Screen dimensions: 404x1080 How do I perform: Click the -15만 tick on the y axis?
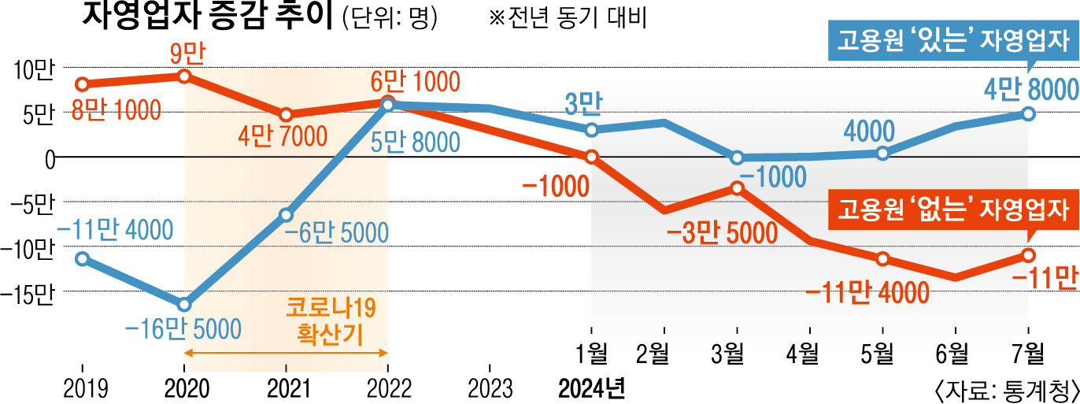click(29, 295)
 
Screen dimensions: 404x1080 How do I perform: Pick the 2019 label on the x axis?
click(83, 388)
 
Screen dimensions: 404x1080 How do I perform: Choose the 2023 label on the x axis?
click(490, 388)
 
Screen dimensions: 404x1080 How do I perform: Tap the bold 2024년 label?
click(591, 388)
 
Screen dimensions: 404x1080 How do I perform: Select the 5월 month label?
click(882, 354)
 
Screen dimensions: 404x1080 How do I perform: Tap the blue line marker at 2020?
click(184, 305)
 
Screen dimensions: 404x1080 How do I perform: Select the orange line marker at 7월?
click(1029, 254)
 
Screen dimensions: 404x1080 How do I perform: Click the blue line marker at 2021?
click(286, 215)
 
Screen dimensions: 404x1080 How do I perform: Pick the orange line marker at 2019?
click(83, 84)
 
